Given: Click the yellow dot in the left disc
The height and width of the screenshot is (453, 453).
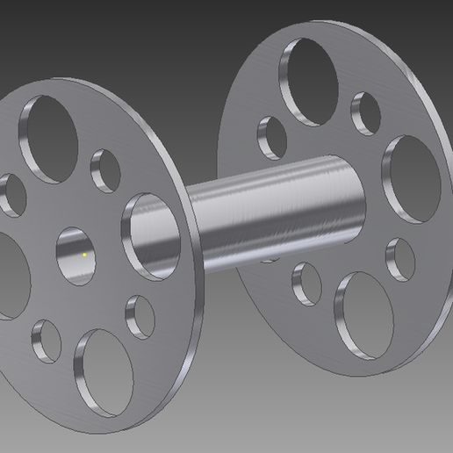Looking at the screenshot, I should [84, 254].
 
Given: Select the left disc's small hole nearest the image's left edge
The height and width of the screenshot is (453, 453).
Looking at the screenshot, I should [11, 195].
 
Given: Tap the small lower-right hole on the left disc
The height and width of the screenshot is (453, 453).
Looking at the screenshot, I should [140, 315].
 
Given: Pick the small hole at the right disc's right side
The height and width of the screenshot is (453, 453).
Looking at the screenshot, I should [400, 257].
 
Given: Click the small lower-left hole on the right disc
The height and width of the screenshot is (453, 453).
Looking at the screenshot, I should [306, 282].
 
